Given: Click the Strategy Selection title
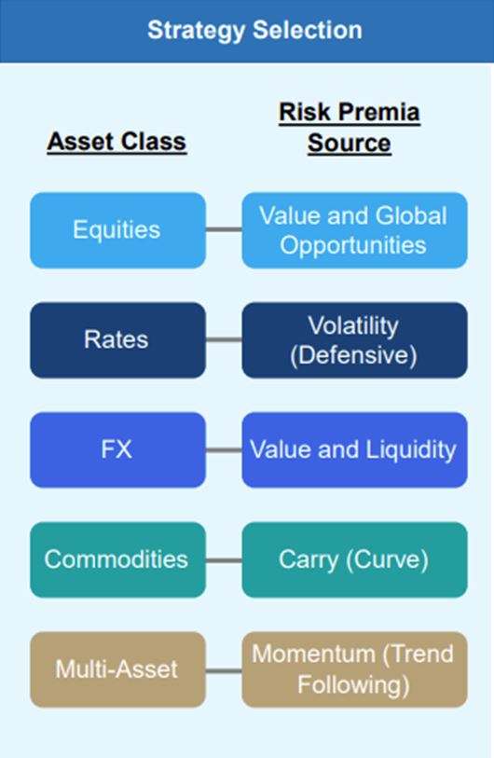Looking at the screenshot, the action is pyautogui.click(x=254, y=30).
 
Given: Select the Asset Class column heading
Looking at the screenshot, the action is pyautogui.click(x=117, y=142).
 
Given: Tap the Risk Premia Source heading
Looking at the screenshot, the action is pyautogui.click(x=349, y=128).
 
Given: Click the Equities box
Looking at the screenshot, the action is pyautogui.click(x=118, y=230).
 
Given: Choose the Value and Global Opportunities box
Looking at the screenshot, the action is pyautogui.click(x=354, y=230).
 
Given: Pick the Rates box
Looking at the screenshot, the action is pyautogui.click(x=118, y=340).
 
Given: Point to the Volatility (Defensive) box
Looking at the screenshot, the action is pyautogui.click(x=354, y=340).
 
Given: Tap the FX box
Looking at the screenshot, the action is pyautogui.click(x=118, y=449).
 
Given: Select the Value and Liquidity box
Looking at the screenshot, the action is pyautogui.click(x=354, y=449).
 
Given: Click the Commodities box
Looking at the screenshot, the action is pyautogui.click(x=118, y=559).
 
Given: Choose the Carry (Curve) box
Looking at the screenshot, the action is pyautogui.click(x=354, y=559).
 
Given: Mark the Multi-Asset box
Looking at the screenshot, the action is pyautogui.click(x=118, y=669).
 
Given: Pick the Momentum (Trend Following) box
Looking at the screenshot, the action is pyautogui.click(x=354, y=669).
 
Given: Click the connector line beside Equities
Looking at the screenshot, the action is pyautogui.click(x=224, y=229).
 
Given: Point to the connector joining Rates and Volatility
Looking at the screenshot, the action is pyautogui.click(x=224, y=339).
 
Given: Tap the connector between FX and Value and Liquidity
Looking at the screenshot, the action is pyautogui.click(x=224, y=450).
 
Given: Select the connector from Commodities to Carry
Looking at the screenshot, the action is pyautogui.click(x=224, y=560).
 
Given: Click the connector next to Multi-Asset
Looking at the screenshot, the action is pyautogui.click(x=224, y=670).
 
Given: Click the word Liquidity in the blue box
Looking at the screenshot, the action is pyautogui.click(x=411, y=450).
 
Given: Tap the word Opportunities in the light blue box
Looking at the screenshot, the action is pyautogui.click(x=353, y=246).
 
